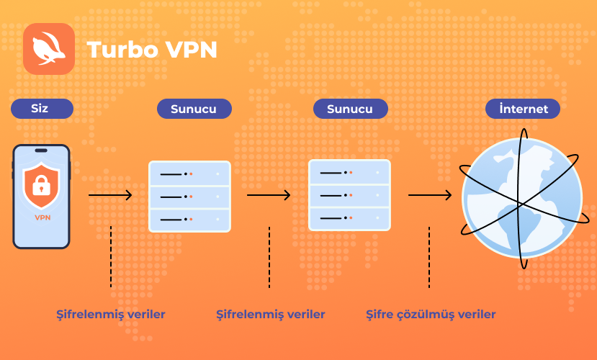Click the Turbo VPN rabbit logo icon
[x=49, y=49]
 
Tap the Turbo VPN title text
[x=152, y=50]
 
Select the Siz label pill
[x=42, y=109]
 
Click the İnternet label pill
[x=523, y=109]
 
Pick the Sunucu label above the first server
[x=194, y=109]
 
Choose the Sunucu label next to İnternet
[x=350, y=109]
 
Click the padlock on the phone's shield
[x=42, y=185]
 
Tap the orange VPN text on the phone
[x=42, y=217]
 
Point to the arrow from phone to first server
[x=110, y=195]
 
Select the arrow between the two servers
[x=269, y=195]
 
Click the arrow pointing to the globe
[x=430, y=195]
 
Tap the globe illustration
[x=522, y=198]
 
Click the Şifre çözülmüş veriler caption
[x=431, y=315]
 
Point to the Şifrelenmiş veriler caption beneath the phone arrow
[x=111, y=315]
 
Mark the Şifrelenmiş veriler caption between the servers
[x=271, y=315]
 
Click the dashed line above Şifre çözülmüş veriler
[x=429, y=257]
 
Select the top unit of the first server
[x=189, y=174]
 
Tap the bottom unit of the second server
[x=349, y=218]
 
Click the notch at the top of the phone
[x=41, y=150]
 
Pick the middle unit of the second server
[x=349, y=196]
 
